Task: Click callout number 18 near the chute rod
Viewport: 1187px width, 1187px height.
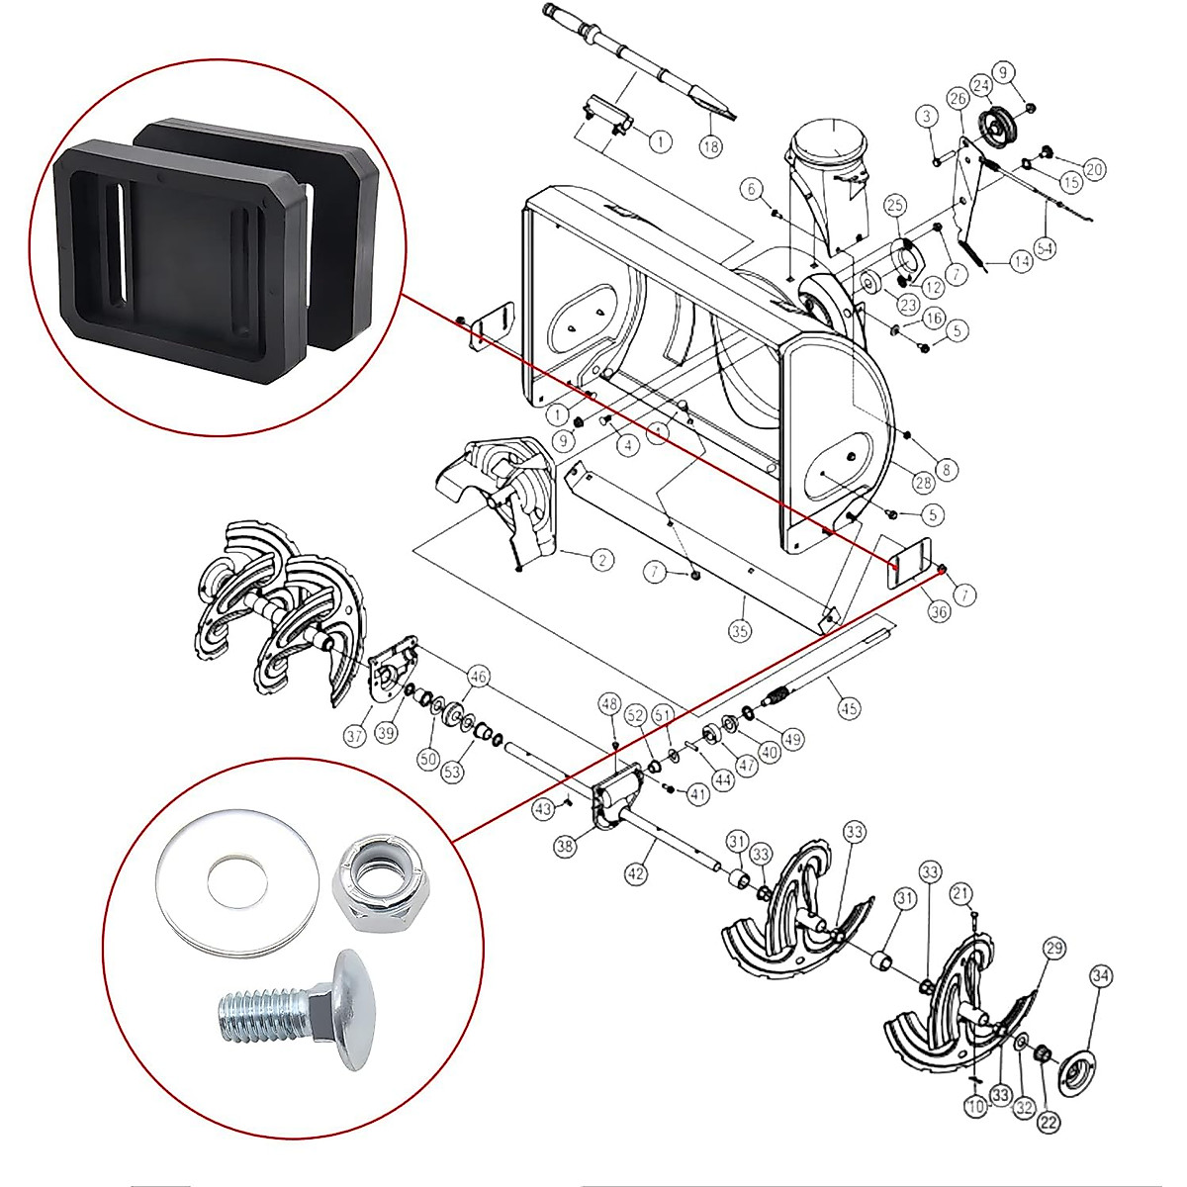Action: click(x=710, y=145)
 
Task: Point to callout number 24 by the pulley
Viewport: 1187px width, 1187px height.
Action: click(x=981, y=85)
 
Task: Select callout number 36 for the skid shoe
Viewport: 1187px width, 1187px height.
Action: click(x=938, y=611)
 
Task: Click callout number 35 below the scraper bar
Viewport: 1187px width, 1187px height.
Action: click(x=740, y=630)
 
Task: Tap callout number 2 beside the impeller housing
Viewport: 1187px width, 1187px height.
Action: click(x=601, y=560)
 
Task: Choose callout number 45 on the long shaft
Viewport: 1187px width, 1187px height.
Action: click(x=849, y=707)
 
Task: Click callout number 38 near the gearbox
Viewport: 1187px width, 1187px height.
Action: click(x=565, y=846)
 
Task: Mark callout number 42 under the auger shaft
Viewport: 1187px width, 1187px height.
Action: click(x=636, y=873)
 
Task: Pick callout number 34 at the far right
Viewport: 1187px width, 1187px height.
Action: click(x=1101, y=976)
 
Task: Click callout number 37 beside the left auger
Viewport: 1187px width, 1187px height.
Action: click(x=355, y=735)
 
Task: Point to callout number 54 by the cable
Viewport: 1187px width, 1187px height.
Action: click(x=1045, y=246)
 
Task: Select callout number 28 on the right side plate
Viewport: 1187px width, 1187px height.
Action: click(x=923, y=483)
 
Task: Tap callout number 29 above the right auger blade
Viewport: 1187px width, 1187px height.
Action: click(x=1054, y=949)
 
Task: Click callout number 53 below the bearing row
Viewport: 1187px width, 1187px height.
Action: click(x=452, y=771)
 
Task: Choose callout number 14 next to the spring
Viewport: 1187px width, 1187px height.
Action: click(x=1021, y=262)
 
